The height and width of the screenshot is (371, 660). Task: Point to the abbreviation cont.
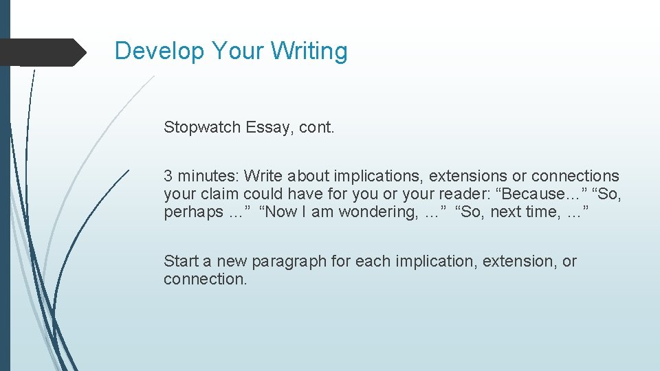tap(317, 127)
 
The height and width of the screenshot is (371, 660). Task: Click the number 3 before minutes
tap(168, 177)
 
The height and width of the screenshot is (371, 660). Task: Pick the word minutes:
tap(207, 177)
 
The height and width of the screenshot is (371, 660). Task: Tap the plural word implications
tap(379, 177)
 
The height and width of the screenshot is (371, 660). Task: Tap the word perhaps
tap(192, 212)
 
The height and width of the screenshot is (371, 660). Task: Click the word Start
tap(179, 262)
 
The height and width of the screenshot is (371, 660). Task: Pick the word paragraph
tap(291, 262)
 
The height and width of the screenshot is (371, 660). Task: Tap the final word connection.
tap(204, 280)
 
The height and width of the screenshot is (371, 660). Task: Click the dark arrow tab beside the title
tap(43, 52)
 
